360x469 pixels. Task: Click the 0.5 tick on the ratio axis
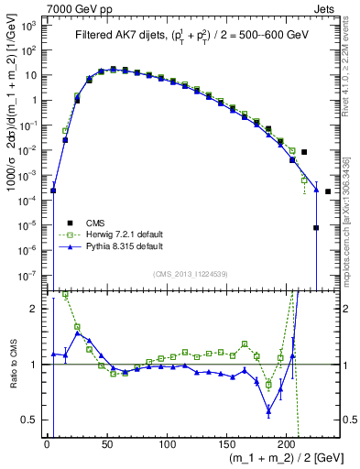33,420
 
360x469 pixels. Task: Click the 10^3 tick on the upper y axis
31,26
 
